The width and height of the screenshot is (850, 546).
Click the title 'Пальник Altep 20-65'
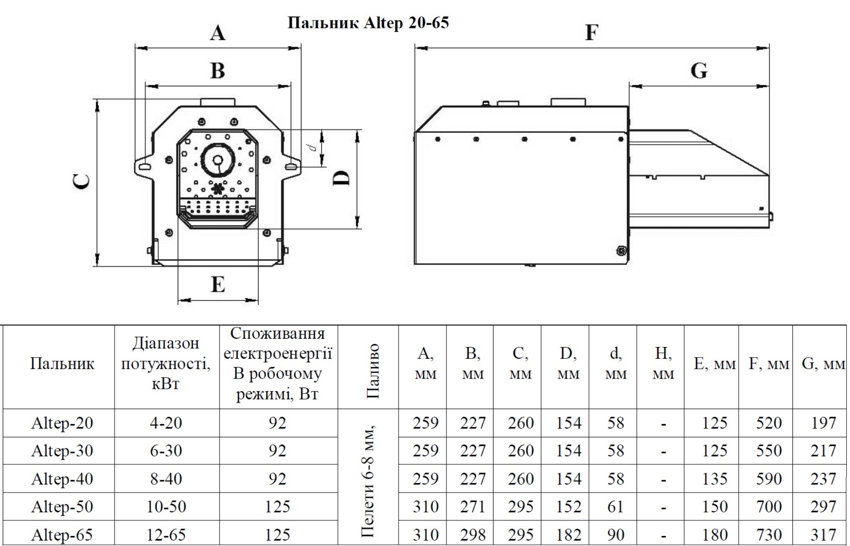pyautogui.click(x=368, y=23)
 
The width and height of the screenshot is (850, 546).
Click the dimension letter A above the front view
pyautogui.click(x=218, y=33)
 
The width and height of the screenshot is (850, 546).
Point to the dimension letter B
pyautogui.click(x=218, y=71)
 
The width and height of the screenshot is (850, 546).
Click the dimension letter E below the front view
pyautogui.click(x=218, y=284)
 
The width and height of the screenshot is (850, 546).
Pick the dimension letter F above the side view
pyautogui.click(x=591, y=32)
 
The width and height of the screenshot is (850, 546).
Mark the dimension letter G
pyautogui.click(x=699, y=71)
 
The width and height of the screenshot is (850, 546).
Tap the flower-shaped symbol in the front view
pyautogui.click(x=218, y=188)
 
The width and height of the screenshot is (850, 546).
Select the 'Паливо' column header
pyautogui.click(x=373, y=371)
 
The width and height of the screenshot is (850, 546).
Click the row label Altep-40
pyautogui.click(x=62, y=479)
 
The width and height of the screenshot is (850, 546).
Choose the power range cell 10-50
pyautogui.click(x=167, y=507)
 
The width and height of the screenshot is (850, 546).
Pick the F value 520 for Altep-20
pyautogui.click(x=769, y=423)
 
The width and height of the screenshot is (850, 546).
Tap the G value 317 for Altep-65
pyautogui.click(x=823, y=535)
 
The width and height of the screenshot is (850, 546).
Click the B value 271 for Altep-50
pyautogui.click(x=472, y=507)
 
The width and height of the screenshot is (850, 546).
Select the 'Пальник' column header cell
pyautogui.click(x=62, y=364)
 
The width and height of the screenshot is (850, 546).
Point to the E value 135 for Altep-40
pyautogui.click(x=714, y=479)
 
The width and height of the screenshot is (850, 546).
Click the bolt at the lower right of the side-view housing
pyautogui.click(x=621, y=250)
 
